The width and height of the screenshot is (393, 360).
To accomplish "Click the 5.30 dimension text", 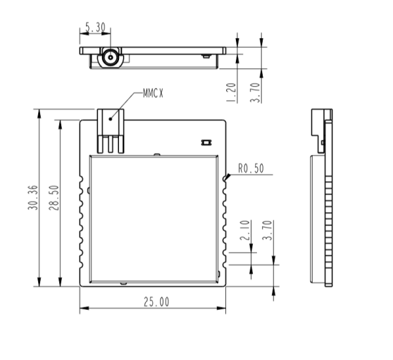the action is click(x=95, y=27).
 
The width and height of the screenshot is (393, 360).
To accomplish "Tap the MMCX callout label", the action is click(x=153, y=93).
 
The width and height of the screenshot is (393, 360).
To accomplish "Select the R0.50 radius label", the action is click(x=251, y=168).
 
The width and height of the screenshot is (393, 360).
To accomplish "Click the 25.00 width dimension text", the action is click(x=156, y=302).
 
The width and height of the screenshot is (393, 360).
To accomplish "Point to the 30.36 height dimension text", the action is click(x=33, y=197).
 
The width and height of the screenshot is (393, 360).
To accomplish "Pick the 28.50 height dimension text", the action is click(x=54, y=197).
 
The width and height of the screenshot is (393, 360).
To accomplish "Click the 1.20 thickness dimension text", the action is click(x=231, y=92).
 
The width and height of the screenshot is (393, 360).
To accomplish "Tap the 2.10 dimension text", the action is click(x=245, y=230).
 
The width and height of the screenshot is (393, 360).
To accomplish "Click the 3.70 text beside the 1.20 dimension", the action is click(x=255, y=92).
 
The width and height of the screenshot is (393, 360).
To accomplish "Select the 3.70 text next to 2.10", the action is click(x=267, y=230).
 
